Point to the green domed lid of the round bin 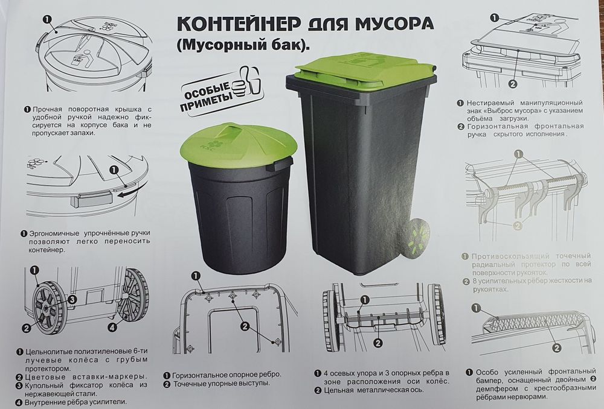[237, 143]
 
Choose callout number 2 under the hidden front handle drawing [512, 84]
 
